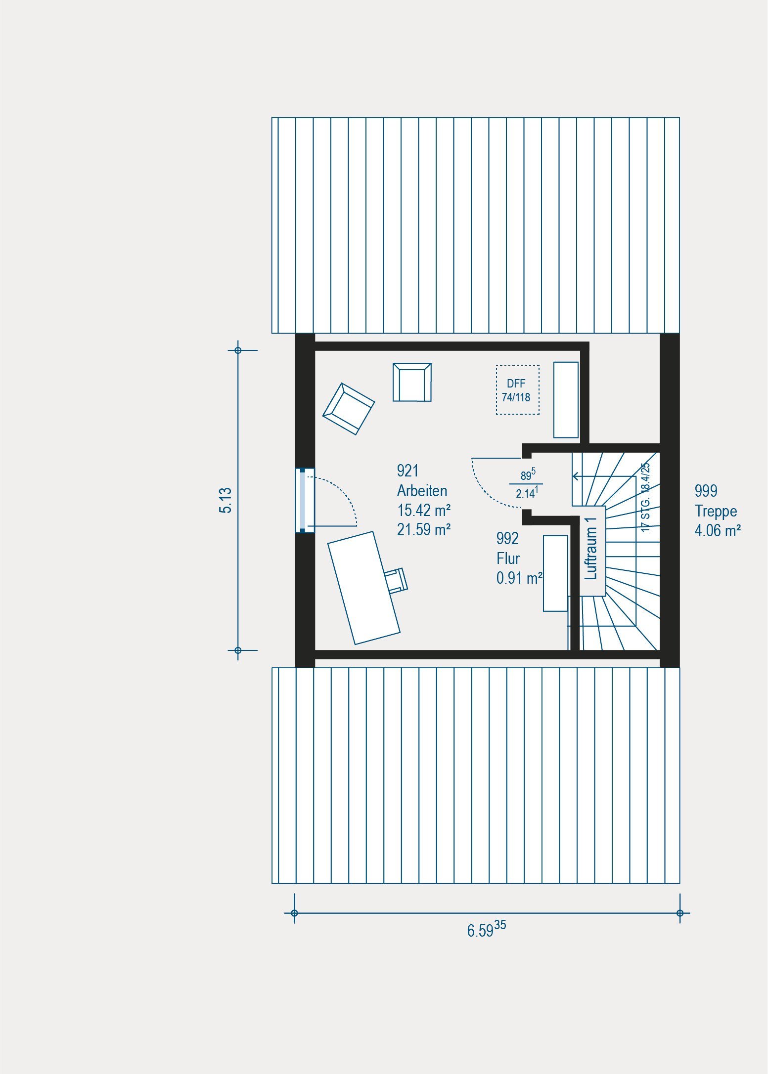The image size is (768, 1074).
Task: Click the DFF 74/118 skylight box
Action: (517, 390)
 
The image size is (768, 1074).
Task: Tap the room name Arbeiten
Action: (422, 491)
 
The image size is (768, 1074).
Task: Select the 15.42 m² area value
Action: (424, 510)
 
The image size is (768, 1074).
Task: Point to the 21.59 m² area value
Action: (424, 529)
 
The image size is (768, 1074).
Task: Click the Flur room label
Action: (508, 558)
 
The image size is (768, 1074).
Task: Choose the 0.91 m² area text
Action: (520, 578)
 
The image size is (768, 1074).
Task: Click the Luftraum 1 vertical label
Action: (590, 548)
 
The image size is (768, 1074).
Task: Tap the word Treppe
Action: (716, 511)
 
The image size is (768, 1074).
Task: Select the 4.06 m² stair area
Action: (718, 531)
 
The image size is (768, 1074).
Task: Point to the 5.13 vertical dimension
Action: (226, 500)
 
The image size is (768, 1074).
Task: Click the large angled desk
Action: (364, 588)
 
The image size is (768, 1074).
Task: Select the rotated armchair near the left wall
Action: (349, 409)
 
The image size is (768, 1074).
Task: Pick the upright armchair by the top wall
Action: (412, 382)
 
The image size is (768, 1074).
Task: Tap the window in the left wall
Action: (305, 501)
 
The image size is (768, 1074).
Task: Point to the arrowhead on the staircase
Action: (576, 476)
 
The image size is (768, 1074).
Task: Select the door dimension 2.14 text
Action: (527, 493)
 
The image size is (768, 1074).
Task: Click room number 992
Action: (508, 539)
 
